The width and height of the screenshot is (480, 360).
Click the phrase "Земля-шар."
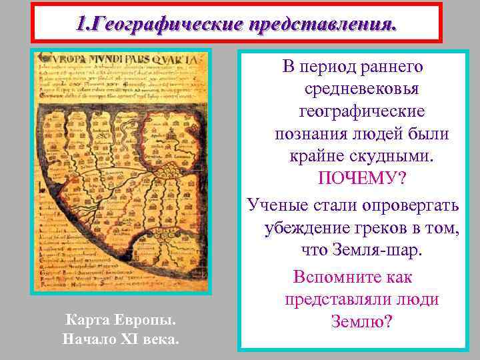pyautogui.click(x=379, y=251)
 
